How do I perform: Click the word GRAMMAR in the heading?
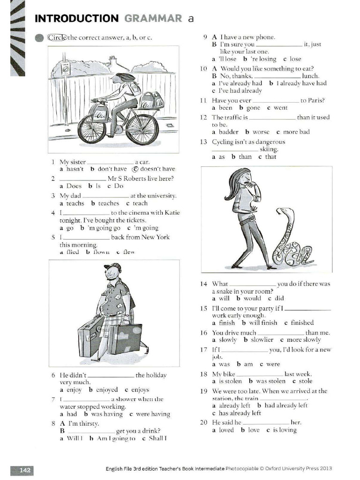(x=153, y=18)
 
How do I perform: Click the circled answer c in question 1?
(x=135, y=169)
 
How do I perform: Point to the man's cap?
(x=112, y=267)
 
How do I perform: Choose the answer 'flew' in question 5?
(x=128, y=252)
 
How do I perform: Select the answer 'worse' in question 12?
(x=261, y=132)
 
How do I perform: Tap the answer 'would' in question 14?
(x=252, y=298)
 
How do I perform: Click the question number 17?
(x=203, y=350)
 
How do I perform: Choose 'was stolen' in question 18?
(x=270, y=381)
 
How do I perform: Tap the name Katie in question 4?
(x=172, y=213)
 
